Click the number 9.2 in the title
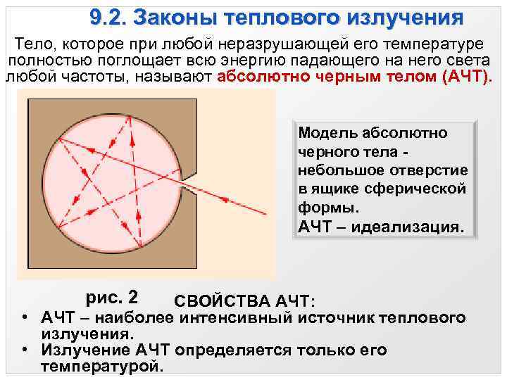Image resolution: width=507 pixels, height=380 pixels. tap(107, 16)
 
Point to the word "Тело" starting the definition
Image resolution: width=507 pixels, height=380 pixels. tap(39, 43)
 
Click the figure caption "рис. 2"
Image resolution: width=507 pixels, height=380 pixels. tap(111, 296)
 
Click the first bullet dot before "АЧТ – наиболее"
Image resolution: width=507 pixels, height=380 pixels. tap(25, 317)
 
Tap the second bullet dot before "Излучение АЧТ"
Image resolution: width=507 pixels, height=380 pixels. tap(25, 350)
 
